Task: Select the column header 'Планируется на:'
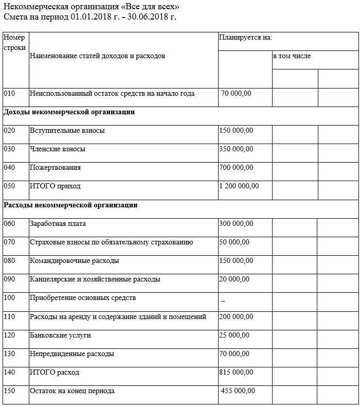pos(245,38)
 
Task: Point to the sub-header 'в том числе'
pos(292,56)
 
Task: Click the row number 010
pos(9,94)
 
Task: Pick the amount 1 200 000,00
pos(239,186)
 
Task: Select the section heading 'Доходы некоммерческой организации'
pos(69,112)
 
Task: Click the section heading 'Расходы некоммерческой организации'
pos(70,205)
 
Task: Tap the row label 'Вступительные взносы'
pos(67,131)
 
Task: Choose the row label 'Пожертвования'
pos(55,168)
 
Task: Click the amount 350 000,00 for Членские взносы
pos(236,149)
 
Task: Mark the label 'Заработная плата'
pos(58,224)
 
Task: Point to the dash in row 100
pos(223,299)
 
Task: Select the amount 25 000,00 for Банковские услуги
pos(234,336)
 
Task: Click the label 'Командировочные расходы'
pos(75,261)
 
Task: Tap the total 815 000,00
pos(236,373)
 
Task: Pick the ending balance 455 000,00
pos(238,391)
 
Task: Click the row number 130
pos(9,354)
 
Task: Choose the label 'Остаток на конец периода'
pos(72,391)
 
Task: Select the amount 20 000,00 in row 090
pos(234,279)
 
